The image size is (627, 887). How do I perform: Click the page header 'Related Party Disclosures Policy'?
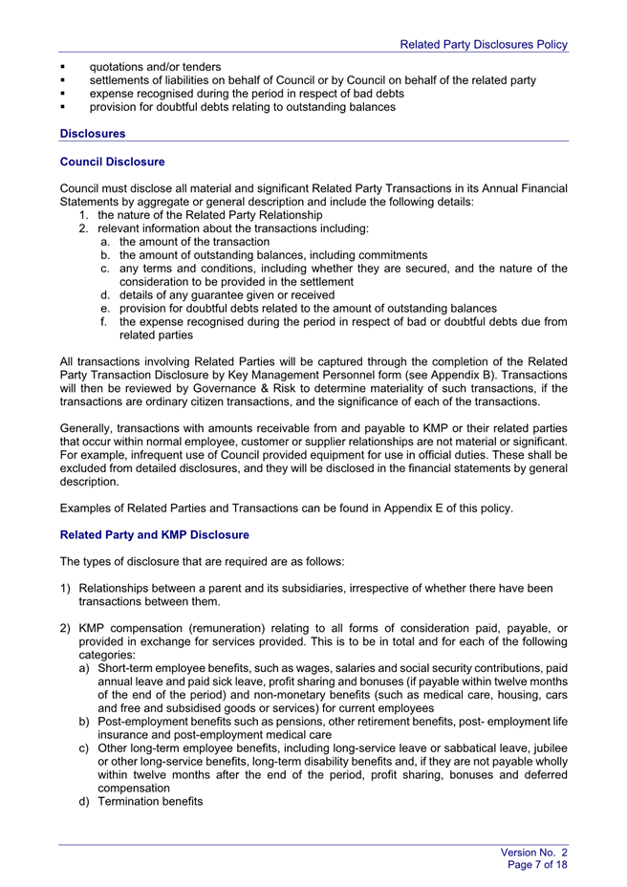pyautogui.click(x=484, y=44)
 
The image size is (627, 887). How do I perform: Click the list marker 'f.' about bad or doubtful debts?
pyautogui.click(x=104, y=322)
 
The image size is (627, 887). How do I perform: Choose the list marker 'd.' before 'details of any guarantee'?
pyautogui.click(x=105, y=295)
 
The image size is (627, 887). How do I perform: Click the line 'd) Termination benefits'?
pyautogui.click(x=141, y=801)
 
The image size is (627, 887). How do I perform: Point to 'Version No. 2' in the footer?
pyautogui.click(x=534, y=851)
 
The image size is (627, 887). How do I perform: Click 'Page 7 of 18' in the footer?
pyautogui.click(x=538, y=864)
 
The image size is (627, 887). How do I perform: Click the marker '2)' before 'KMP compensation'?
pyautogui.click(x=65, y=627)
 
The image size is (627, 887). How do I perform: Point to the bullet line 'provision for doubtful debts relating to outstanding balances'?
pyautogui.click(x=242, y=107)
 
